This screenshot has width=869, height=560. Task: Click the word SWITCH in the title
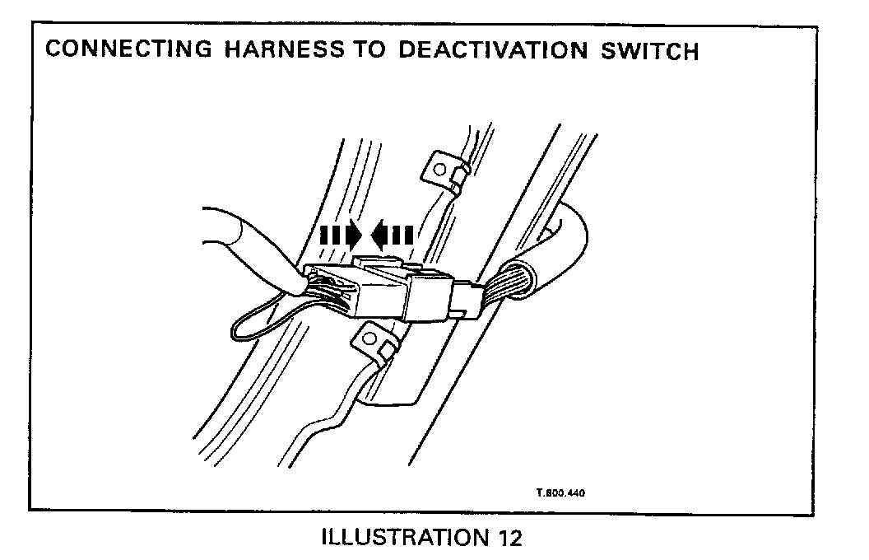(x=645, y=50)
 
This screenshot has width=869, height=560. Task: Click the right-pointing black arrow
(x=340, y=236)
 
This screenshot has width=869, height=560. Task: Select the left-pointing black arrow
(x=391, y=236)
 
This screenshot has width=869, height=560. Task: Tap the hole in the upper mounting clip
(x=440, y=171)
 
